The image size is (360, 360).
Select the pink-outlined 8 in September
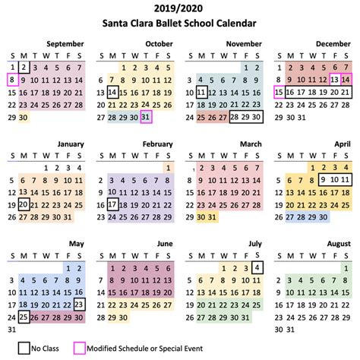click(x=11, y=80)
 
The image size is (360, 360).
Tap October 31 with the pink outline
click(x=146, y=117)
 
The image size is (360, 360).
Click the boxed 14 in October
click(x=112, y=92)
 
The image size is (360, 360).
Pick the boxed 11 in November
click(x=201, y=92)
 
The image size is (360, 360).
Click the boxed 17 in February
click(x=112, y=204)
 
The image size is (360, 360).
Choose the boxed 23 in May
click(x=80, y=305)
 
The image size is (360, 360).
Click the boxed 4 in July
click(x=257, y=267)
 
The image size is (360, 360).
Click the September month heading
click(x=65, y=44)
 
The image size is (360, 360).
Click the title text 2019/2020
click(x=180, y=9)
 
